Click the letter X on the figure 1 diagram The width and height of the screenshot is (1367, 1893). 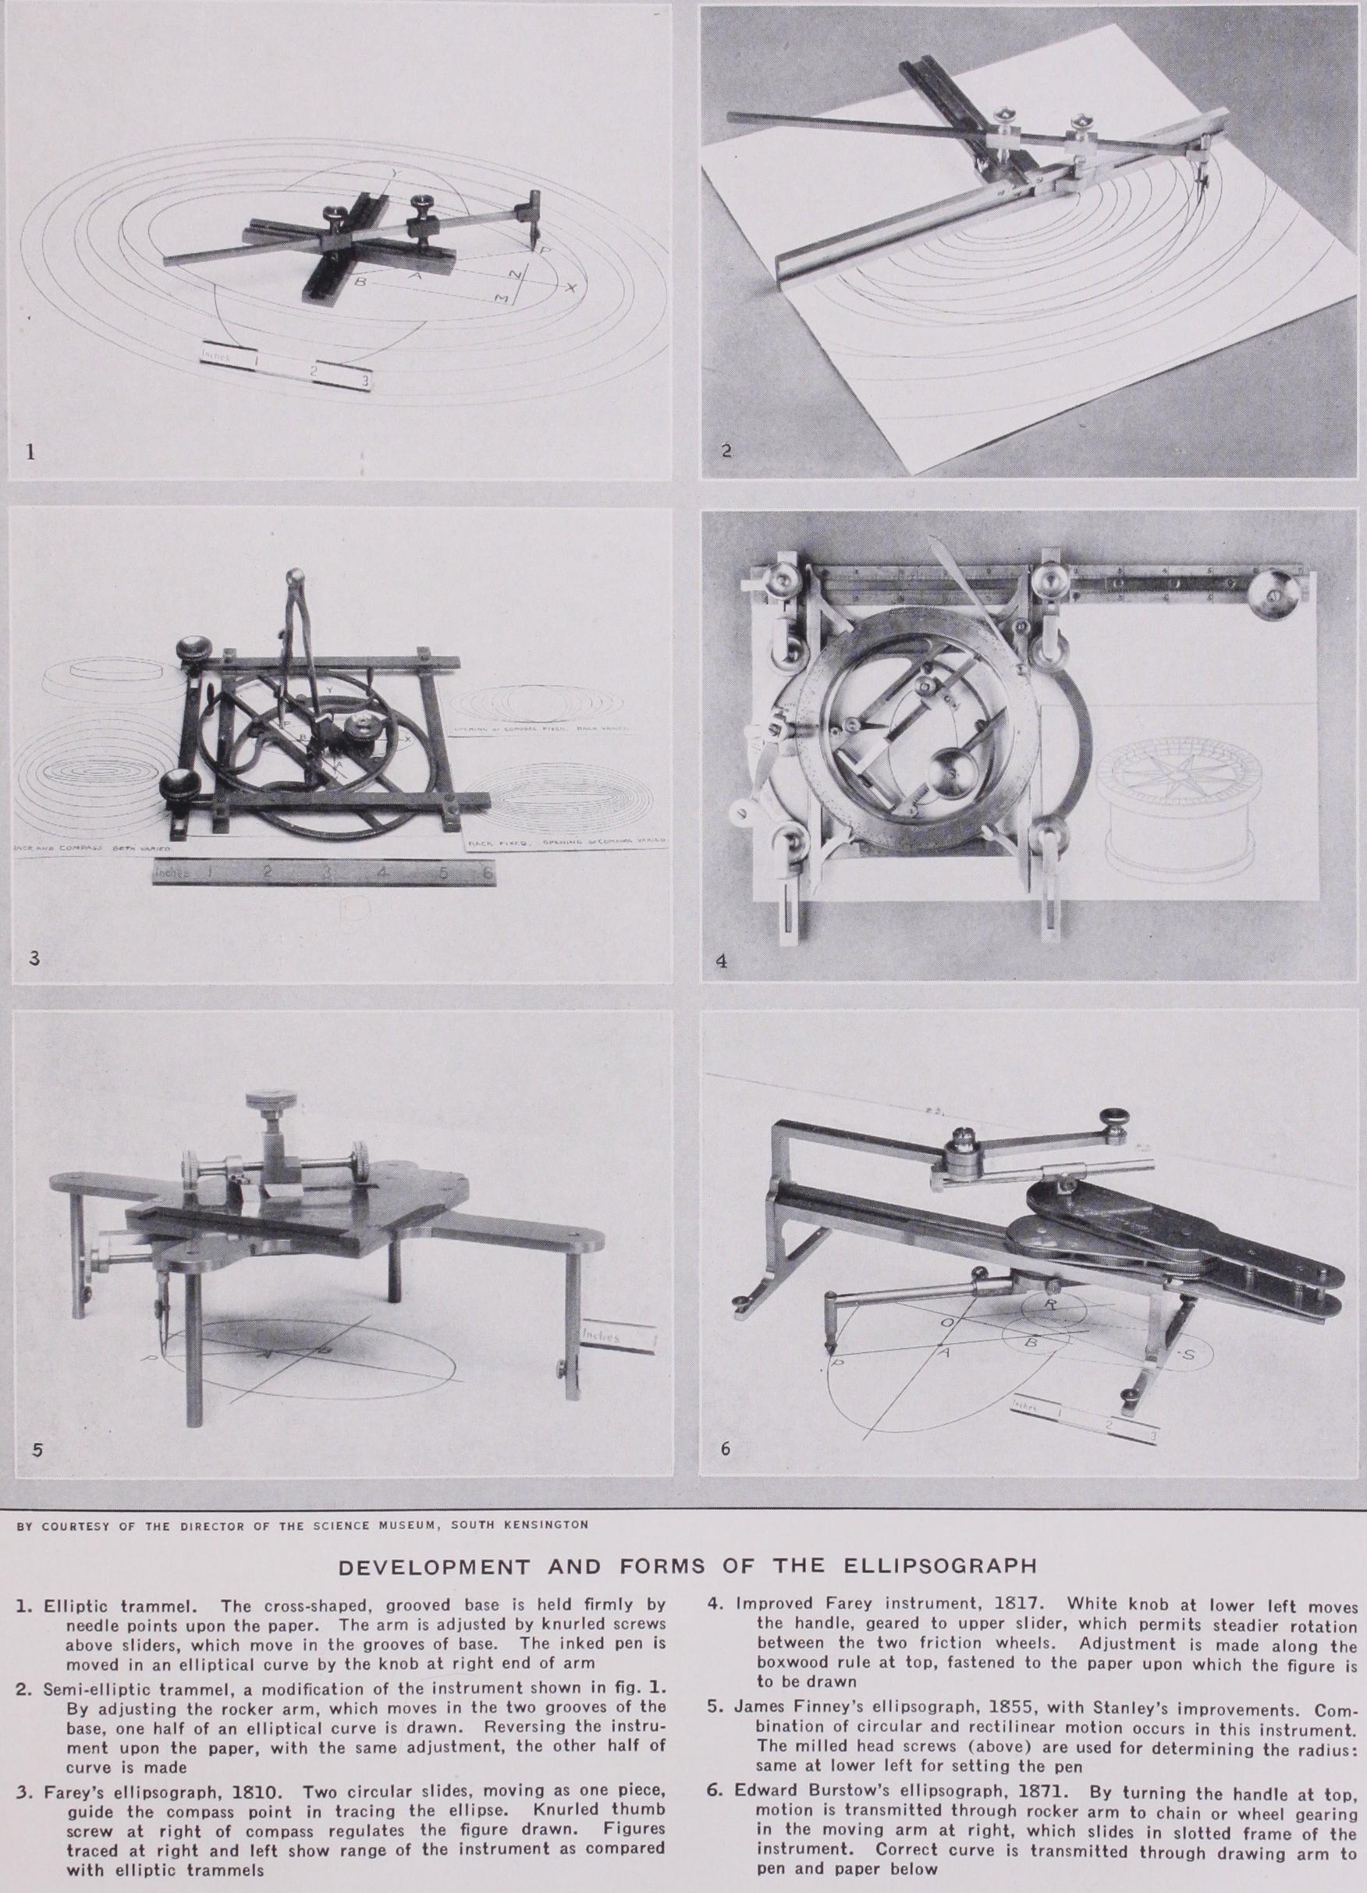tap(572, 287)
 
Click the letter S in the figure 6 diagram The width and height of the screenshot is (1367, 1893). tap(1188, 1355)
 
